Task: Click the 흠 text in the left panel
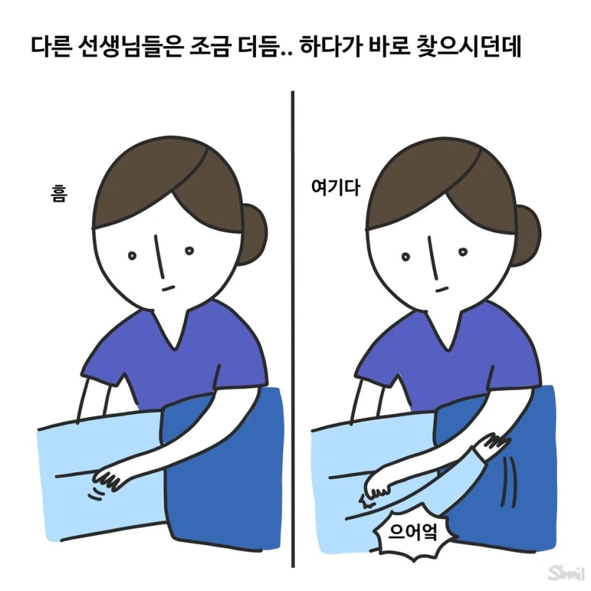pos(58,195)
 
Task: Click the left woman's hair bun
pos(253,233)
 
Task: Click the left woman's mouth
pos(168,286)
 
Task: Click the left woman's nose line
pos(158,253)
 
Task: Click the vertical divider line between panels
pos(293,328)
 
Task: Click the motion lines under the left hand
pos(98,492)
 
